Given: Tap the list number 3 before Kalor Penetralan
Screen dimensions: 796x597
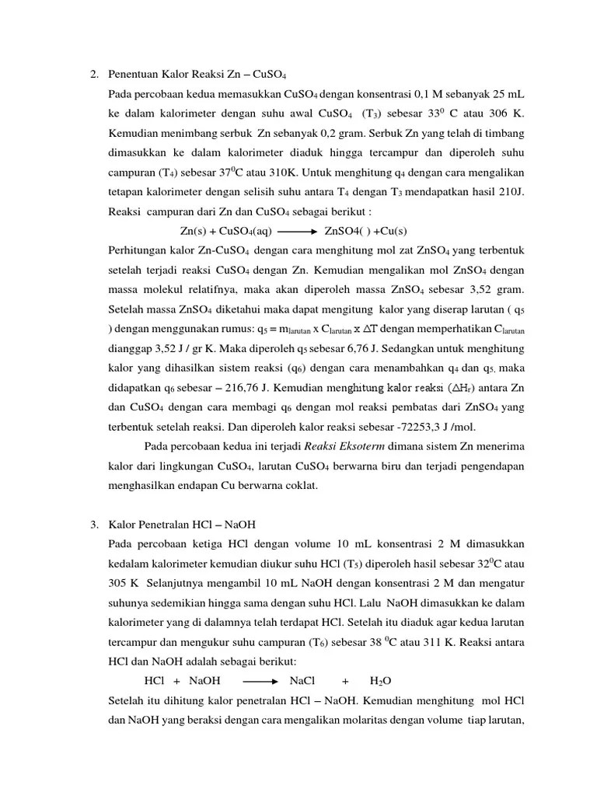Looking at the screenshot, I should coord(93,525).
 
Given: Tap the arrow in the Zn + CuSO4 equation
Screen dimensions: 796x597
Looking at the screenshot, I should coord(296,232).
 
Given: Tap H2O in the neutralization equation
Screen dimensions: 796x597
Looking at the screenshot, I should coord(381,682).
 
